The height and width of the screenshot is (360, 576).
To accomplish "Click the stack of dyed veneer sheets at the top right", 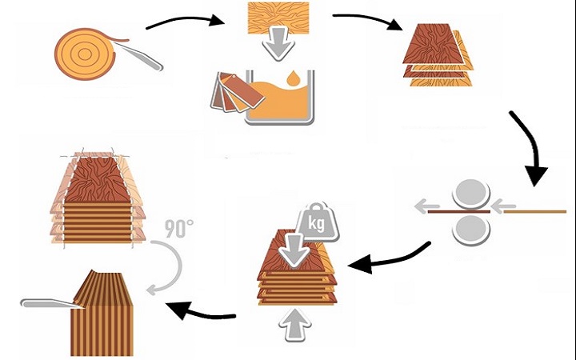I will (436, 56).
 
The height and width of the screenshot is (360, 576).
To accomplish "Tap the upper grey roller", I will (472, 193).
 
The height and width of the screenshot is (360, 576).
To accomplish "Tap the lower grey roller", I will (472, 228).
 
